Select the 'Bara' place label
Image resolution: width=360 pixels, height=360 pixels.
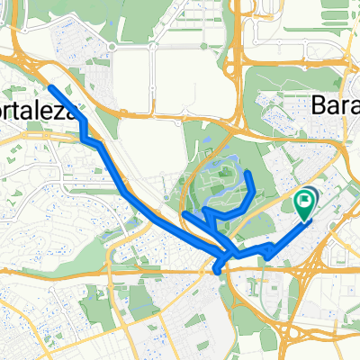[334, 104]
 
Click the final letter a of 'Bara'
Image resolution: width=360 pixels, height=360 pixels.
[353, 104]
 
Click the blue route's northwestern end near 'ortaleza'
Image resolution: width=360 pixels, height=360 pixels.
[50, 88]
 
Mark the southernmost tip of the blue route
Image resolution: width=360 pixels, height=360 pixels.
[219, 269]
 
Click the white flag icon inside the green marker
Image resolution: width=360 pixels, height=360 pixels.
[305, 200]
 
